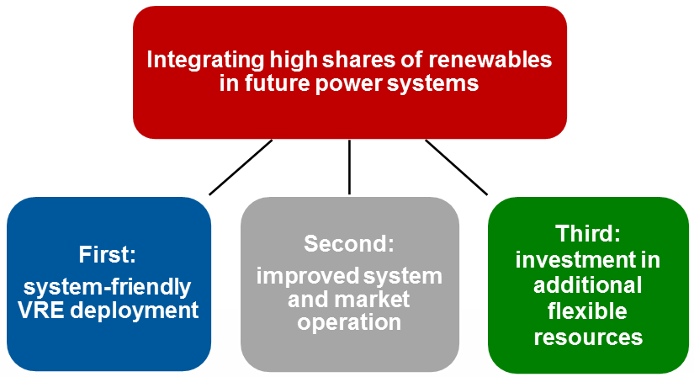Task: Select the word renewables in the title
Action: [493, 61]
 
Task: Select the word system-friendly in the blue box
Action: [108, 285]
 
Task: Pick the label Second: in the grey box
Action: [349, 244]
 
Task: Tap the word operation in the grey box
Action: [349, 321]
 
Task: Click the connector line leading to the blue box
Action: [241, 167]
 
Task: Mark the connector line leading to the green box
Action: [457, 167]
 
